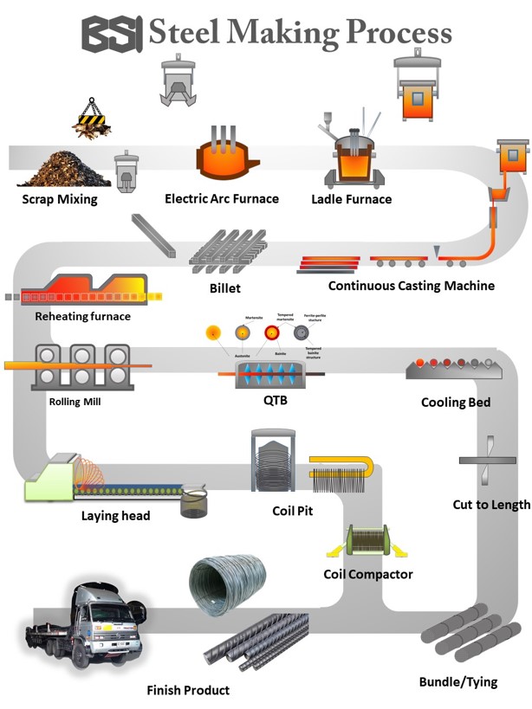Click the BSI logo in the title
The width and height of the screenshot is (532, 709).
coord(113,33)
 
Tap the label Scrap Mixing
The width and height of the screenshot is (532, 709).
coord(60,200)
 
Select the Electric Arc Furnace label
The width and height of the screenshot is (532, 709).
coord(222,198)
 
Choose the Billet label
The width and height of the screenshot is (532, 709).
coord(224,287)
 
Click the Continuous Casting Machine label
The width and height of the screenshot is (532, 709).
coord(412,286)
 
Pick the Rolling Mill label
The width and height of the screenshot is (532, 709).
coord(75,402)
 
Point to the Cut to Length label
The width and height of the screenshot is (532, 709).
coord(491,505)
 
